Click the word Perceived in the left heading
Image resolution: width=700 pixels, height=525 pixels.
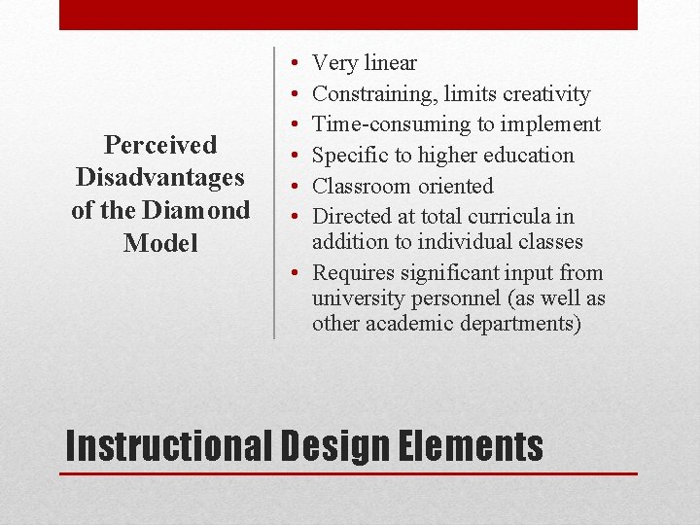click(x=160, y=145)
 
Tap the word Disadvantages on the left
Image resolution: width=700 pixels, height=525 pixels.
click(x=160, y=178)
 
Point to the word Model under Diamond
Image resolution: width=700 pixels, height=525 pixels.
click(x=160, y=243)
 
